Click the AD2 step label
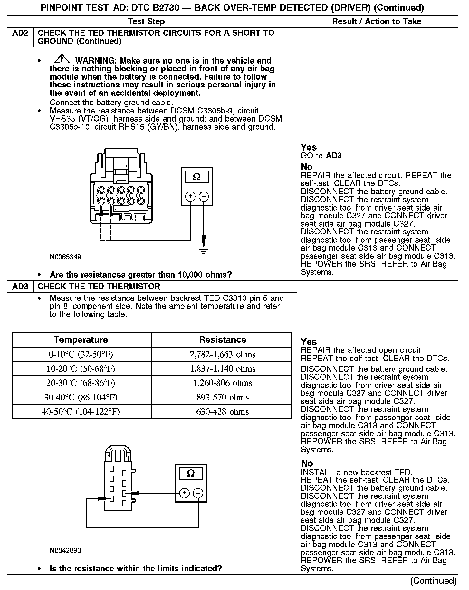(x=20, y=33)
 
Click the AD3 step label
(x=20, y=287)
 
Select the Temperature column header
(x=81, y=340)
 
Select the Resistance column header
(x=222, y=340)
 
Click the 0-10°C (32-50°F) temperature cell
(x=81, y=354)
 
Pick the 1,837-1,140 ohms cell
(x=222, y=369)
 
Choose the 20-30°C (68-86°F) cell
(x=81, y=383)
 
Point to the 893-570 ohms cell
(x=222, y=397)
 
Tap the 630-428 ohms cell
(x=222, y=412)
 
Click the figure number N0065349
(x=65, y=257)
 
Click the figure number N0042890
(x=65, y=550)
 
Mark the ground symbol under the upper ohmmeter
(x=204, y=251)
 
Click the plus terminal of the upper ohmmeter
(x=190, y=196)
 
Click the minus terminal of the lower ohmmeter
(x=198, y=493)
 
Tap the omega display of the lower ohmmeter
(x=191, y=473)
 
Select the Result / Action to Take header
(x=377, y=22)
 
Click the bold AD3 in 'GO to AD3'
(x=334, y=156)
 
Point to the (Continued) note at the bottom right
(x=433, y=581)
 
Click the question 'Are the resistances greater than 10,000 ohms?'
(x=141, y=275)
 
